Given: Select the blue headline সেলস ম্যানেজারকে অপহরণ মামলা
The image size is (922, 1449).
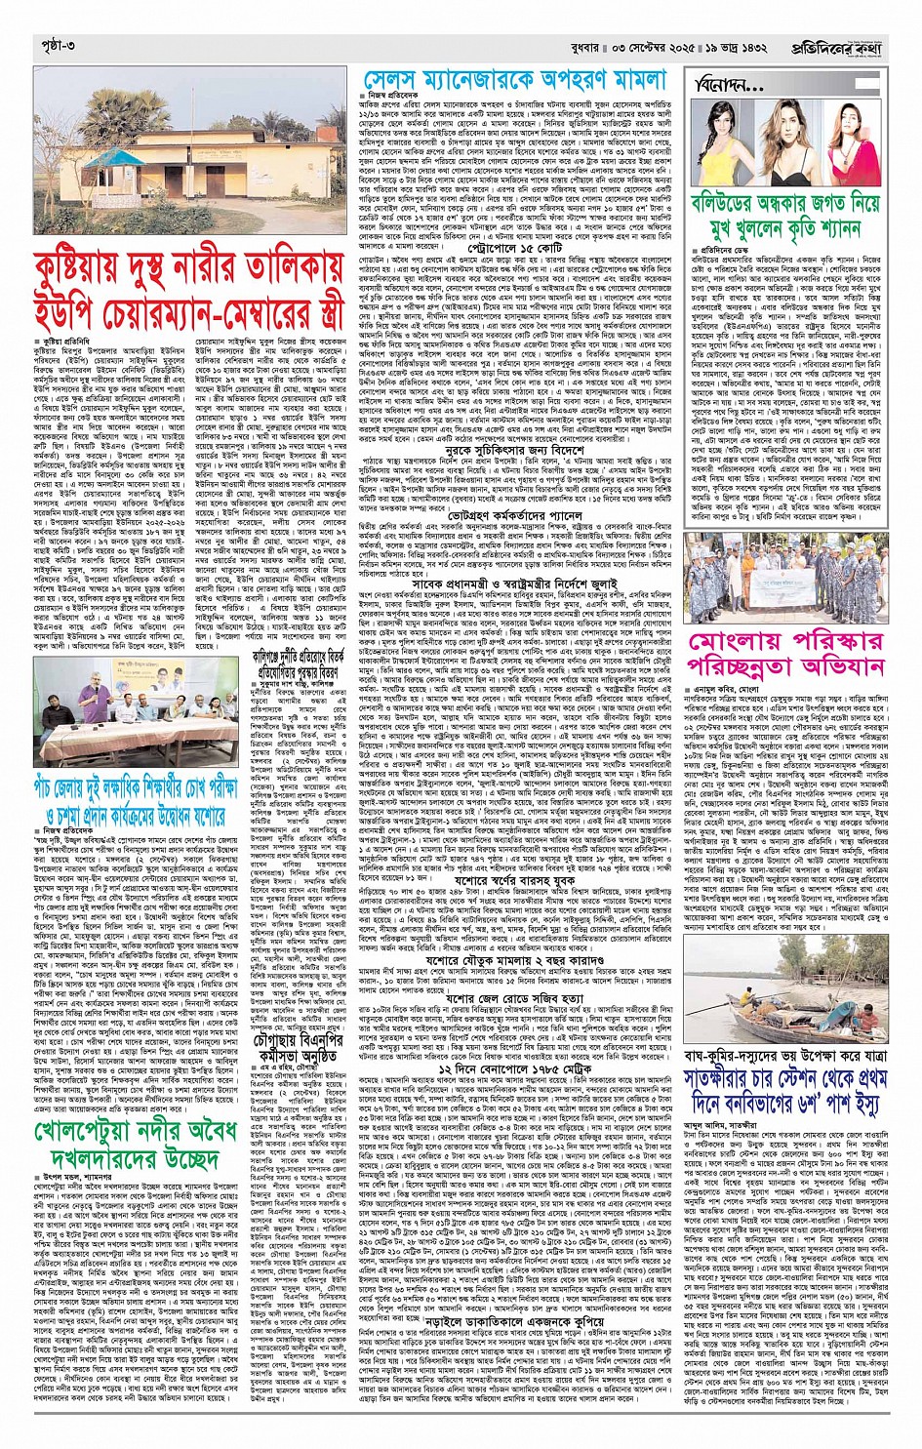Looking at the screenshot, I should (514, 81).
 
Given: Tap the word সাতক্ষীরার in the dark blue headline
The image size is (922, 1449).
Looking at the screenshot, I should (744, 1083).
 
